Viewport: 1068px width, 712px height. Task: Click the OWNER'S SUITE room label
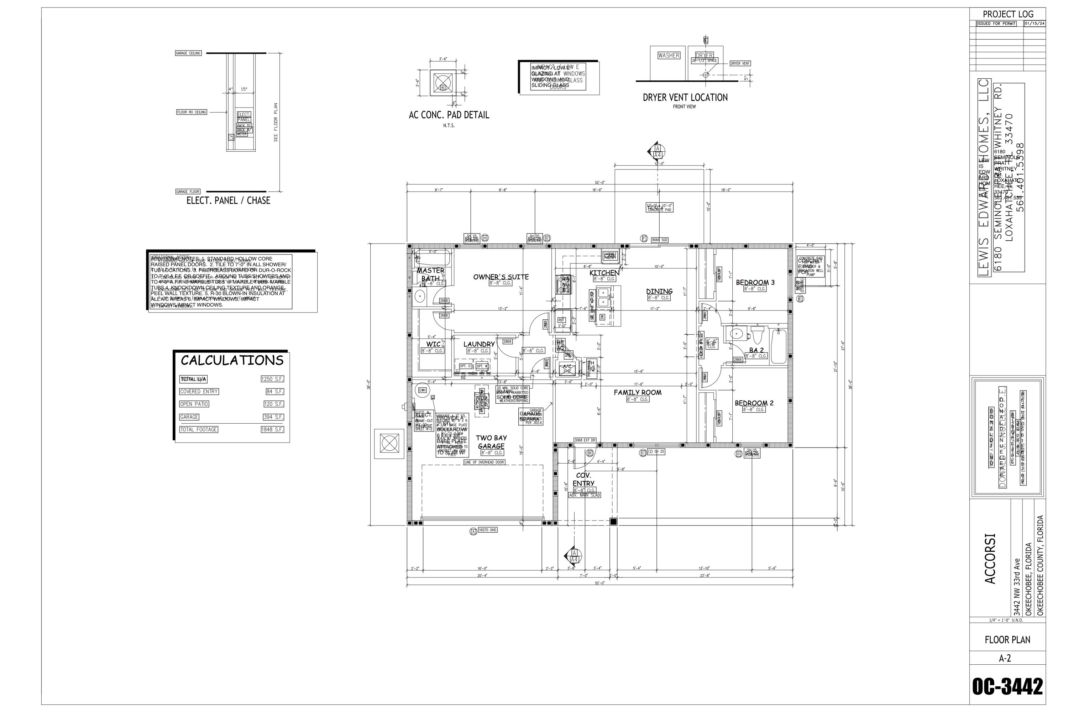click(501, 277)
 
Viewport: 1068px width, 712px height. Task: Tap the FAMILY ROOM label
click(638, 392)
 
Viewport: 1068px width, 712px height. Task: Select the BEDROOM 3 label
click(755, 282)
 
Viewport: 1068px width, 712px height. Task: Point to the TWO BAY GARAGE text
click(491, 442)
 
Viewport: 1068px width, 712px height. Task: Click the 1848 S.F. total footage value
click(272, 429)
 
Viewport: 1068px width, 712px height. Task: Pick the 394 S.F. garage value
click(273, 417)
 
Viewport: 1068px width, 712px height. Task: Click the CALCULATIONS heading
click(232, 361)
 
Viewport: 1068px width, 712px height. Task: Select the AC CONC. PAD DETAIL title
click(449, 115)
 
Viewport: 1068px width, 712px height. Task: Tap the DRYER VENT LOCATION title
click(685, 98)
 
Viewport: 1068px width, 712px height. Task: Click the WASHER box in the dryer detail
click(669, 56)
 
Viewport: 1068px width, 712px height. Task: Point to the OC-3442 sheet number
click(1007, 687)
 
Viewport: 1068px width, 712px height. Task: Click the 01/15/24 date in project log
click(1035, 23)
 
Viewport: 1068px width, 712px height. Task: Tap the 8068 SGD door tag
click(659, 240)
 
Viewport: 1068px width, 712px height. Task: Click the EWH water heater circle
click(422, 390)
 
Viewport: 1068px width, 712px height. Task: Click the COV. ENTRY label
click(583, 480)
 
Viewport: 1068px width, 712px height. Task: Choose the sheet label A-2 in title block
click(1007, 658)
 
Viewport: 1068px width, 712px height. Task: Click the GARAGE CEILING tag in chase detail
click(188, 53)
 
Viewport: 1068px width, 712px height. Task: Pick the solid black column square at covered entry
click(613, 522)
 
